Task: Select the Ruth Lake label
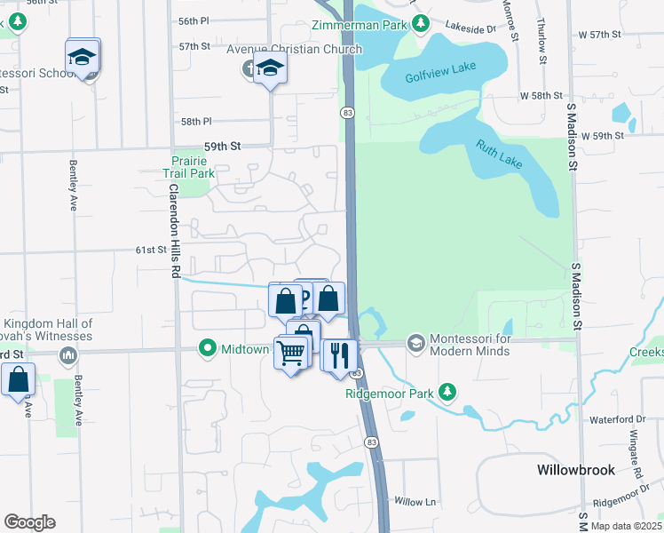[499, 157]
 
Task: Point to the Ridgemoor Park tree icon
[448, 391]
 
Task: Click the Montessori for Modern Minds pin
[415, 343]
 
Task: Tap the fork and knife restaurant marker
[339, 355]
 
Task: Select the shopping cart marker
[291, 353]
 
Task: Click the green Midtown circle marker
[209, 348]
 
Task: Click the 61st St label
[151, 251]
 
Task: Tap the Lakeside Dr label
[470, 28]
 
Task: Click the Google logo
[29, 522]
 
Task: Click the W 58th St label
[541, 95]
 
